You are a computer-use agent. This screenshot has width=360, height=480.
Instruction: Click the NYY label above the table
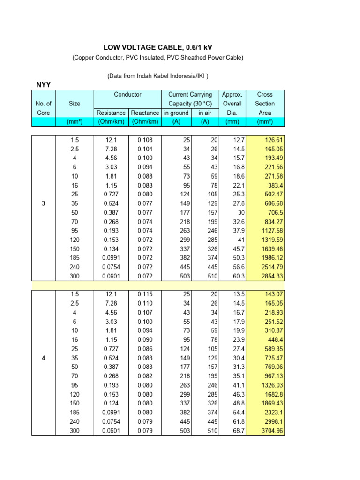[44, 84]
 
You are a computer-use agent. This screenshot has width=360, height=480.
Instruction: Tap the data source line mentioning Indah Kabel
[157, 75]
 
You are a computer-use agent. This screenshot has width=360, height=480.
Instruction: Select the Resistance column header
[111, 112]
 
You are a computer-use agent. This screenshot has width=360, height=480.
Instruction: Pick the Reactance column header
[145, 112]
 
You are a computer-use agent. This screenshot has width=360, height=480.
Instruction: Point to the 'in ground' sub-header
[176, 112]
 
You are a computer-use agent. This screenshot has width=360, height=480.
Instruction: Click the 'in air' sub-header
[205, 112]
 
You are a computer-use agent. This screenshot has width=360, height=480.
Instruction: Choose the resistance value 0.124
[111, 404]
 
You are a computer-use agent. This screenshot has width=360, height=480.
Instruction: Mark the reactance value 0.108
[145, 140]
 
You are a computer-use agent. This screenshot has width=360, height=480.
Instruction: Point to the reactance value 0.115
[145, 294]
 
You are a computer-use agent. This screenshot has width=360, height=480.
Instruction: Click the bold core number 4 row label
[43, 359]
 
